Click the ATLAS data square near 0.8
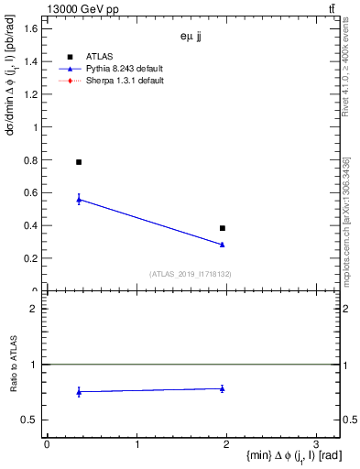click(79, 162)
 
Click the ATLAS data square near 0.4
click(223, 228)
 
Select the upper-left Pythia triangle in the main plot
click(79, 199)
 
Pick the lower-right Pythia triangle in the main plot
click(223, 245)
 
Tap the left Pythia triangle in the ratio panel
click(79, 392)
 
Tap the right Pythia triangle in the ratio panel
click(223, 388)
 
